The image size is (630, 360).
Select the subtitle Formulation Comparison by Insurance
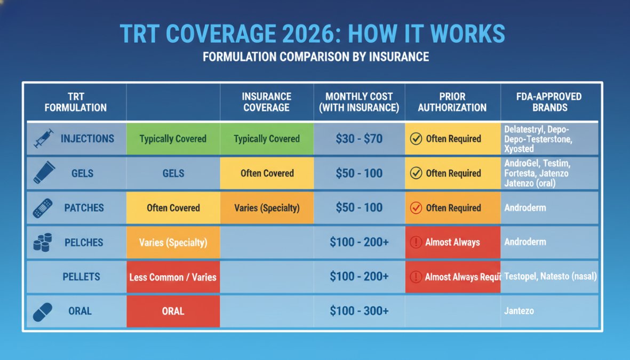tap(315, 57)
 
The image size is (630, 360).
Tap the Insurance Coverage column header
tap(266, 102)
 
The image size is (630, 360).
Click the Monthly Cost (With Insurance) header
tap(359, 102)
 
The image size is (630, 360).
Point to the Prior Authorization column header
tap(452, 102)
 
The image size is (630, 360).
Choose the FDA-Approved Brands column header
tap(550, 102)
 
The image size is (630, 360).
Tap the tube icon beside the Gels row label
tap(44, 173)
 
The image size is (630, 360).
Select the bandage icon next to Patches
tap(43, 208)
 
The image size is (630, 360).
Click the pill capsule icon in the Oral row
tap(43, 311)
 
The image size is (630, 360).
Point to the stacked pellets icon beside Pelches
tap(42, 242)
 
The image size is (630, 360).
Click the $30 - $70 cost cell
tap(359, 139)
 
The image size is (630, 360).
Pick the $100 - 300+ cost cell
tap(359, 311)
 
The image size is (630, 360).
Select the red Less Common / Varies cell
tap(173, 277)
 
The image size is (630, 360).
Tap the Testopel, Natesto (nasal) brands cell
tap(550, 277)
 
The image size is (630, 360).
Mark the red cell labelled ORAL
tap(173, 311)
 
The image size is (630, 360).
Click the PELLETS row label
tap(81, 277)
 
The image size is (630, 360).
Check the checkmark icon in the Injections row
tap(416, 139)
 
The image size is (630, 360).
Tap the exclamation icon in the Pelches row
tap(416, 242)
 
